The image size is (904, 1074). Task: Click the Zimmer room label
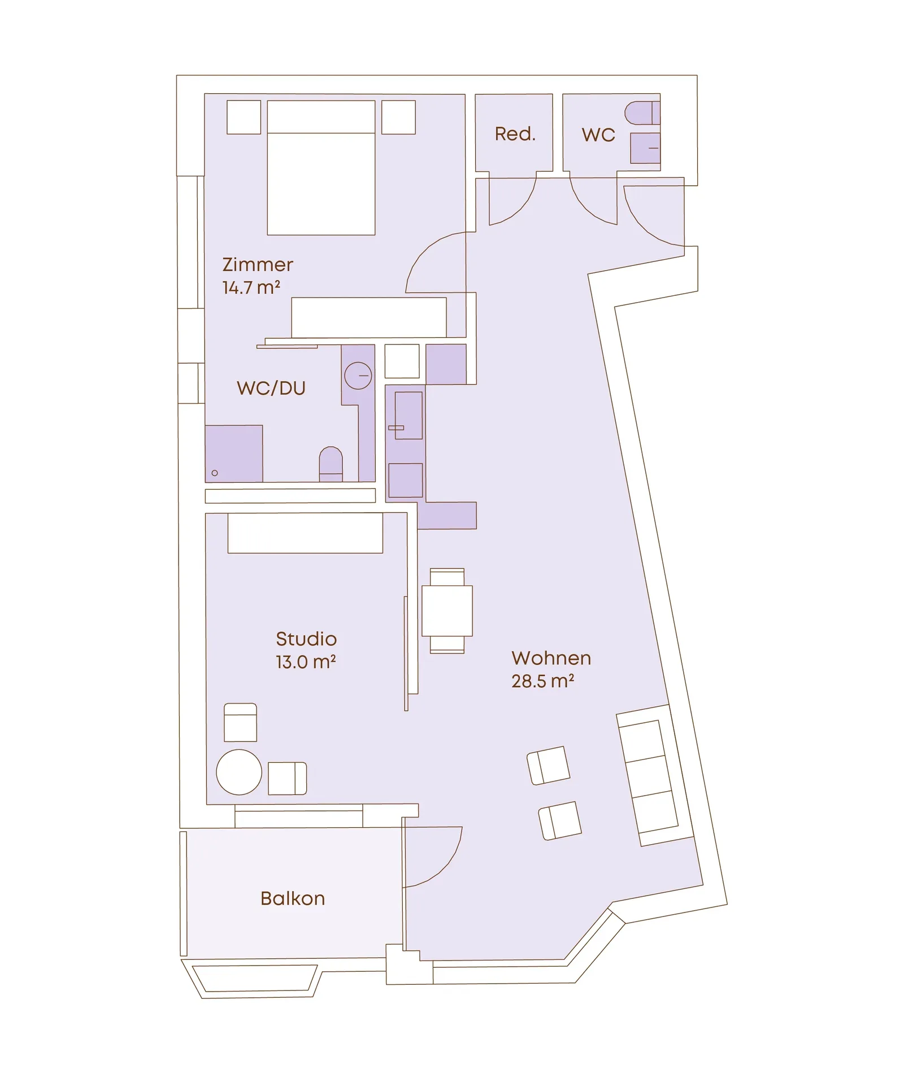(258, 264)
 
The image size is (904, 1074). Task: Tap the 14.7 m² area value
(251, 287)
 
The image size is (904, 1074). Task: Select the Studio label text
(306, 639)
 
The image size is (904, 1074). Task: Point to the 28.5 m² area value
(543, 681)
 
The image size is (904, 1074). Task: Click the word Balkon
(293, 898)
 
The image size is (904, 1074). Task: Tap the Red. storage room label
(515, 134)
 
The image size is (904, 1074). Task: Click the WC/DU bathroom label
(271, 388)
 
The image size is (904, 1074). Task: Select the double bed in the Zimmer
(321, 168)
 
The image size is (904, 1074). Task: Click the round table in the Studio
(239, 772)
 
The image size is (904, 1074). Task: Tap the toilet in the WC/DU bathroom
(331, 464)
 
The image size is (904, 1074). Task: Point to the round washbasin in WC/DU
(358, 376)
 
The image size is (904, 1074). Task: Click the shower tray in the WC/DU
(234, 454)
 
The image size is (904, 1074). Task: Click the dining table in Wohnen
(447, 611)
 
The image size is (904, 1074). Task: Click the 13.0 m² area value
(306, 662)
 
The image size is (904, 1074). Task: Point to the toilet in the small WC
(642, 113)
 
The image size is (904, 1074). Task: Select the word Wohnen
(551, 658)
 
